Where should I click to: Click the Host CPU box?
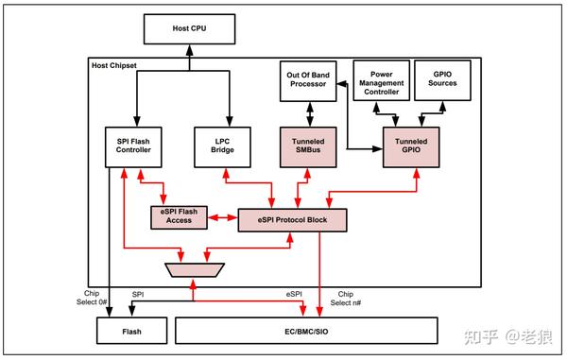189,28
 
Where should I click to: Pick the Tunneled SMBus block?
308,148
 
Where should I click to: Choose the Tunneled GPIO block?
411,148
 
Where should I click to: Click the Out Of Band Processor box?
308,81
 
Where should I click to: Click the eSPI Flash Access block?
180,216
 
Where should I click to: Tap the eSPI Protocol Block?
292,218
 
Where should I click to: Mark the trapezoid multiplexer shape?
193,270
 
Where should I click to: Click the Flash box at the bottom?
132,331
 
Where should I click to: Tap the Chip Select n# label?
346,299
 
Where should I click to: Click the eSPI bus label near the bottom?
295,294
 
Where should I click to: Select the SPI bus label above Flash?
138,294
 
